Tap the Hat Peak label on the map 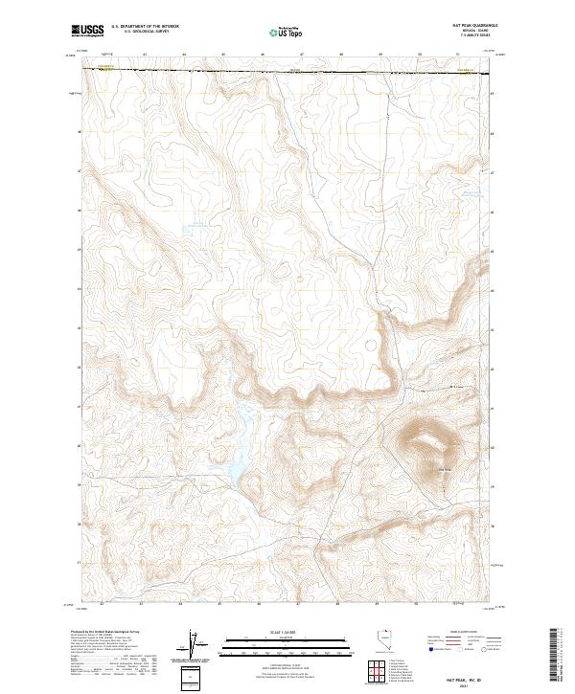(x=444, y=468)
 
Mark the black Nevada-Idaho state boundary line (x=287, y=71)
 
